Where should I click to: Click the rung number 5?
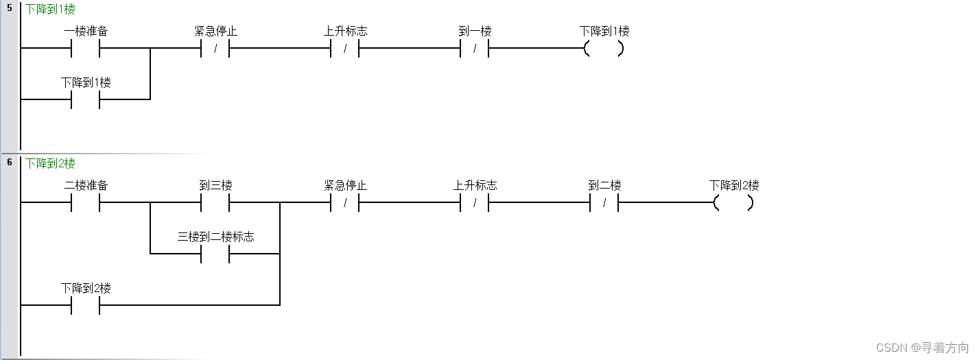10,8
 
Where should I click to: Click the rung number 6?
10,162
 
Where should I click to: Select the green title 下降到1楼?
50,10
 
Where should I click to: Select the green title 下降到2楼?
50,163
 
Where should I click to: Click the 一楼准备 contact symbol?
86,49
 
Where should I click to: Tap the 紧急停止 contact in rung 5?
215,49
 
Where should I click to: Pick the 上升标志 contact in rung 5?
344,49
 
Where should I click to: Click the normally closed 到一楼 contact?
474,49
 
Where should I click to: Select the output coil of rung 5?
604,49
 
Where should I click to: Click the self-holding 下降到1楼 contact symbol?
86,100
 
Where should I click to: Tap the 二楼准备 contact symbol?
86,203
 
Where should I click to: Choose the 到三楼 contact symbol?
215,203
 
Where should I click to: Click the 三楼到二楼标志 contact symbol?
215,254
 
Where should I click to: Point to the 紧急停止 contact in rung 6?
344,203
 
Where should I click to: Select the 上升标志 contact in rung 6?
474,203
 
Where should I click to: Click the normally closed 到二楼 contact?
604,203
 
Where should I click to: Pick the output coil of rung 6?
733,203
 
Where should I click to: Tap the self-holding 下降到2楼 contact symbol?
86,306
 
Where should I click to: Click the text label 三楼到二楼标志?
215,237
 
